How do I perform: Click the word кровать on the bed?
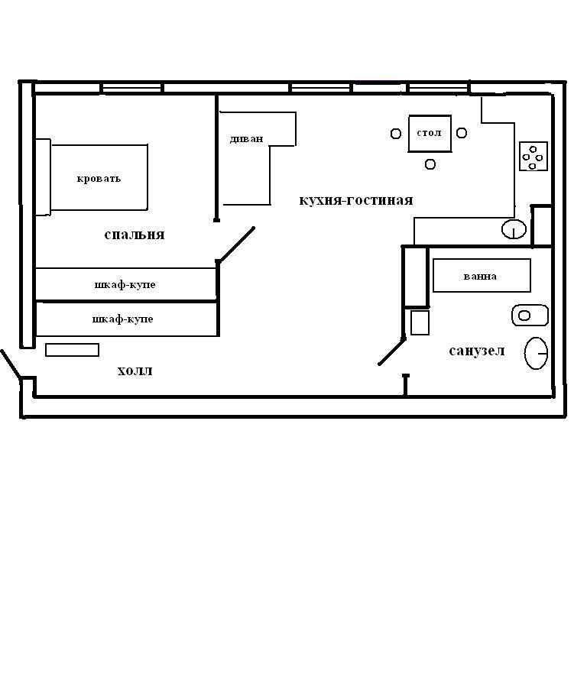99,179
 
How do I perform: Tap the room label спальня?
135,235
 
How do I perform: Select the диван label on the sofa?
246,139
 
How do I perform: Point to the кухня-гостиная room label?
355,200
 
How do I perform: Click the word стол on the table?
429,133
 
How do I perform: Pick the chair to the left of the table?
396,134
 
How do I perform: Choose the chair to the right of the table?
462,133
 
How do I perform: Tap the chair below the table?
430,164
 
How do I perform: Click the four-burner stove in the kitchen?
533,156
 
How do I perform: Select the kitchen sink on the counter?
514,229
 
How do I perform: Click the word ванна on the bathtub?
480,277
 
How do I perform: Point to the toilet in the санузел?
530,316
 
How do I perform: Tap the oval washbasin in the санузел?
537,353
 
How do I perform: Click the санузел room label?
477,351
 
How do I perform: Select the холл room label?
135,371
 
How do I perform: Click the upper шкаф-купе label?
125,285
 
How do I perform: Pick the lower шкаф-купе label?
123,319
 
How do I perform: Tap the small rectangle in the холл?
72,350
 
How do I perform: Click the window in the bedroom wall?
132,88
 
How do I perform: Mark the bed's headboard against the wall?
43,177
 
